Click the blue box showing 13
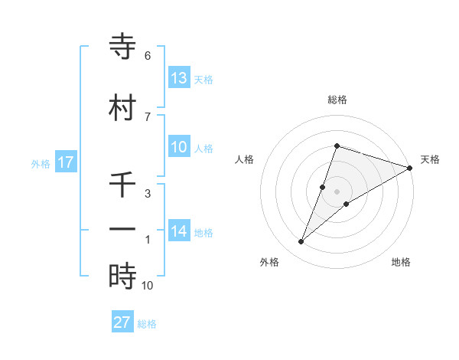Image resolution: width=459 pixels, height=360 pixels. [x=179, y=78]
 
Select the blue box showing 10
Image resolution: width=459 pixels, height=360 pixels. [x=179, y=148]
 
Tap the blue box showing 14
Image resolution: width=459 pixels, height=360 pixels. [x=179, y=232]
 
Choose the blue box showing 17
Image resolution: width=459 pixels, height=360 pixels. [x=65, y=162]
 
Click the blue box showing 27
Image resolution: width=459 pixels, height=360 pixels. [x=122, y=322]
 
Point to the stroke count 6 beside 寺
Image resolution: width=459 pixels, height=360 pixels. [x=148, y=56]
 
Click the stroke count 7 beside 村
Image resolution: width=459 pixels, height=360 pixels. [x=148, y=116]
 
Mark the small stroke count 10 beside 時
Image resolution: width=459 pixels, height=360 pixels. [x=148, y=286]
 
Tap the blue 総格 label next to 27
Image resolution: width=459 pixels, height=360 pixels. [x=147, y=324]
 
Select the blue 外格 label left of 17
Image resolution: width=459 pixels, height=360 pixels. [x=41, y=163]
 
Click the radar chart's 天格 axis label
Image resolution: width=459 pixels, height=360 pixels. [x=430, y=159]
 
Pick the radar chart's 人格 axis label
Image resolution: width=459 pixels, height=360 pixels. [x=244, y=159]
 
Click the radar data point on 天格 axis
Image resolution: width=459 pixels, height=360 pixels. [x=410, y=168]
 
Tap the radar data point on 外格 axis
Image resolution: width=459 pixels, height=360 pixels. [x=301, y=242]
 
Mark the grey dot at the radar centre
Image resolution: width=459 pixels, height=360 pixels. [x=337, y=191]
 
